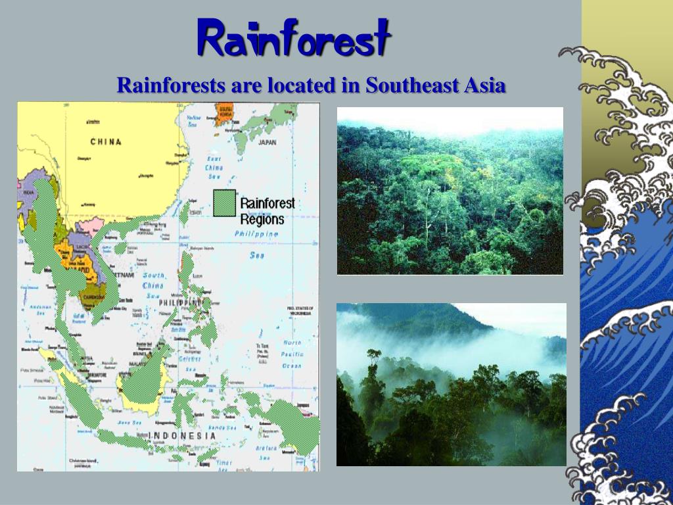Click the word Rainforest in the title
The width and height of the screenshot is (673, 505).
pyautogui.click(x=294, y=37)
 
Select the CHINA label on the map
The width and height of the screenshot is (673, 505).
pyautogui.click(x=106, y=141)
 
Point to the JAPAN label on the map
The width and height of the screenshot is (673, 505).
pyautogui.click(x=267, y=142)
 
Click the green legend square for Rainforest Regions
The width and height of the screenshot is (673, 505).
pyautogui.click(x=224, y=203)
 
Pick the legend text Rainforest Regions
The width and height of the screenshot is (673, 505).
pyautogui.click(x=267, y=211)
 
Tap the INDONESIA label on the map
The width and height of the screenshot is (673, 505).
pyautogui.click(x=182, y=435)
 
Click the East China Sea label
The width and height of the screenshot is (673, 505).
pyautogui.click(x=214, y=168)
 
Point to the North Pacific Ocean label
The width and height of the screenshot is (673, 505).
pyautogui.click(x=292, y=354)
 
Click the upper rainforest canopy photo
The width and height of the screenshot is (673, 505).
pyautogui.click(x=450, y=191)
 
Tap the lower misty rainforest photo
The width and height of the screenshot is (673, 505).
pyautogui.click(x=451, y=384)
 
